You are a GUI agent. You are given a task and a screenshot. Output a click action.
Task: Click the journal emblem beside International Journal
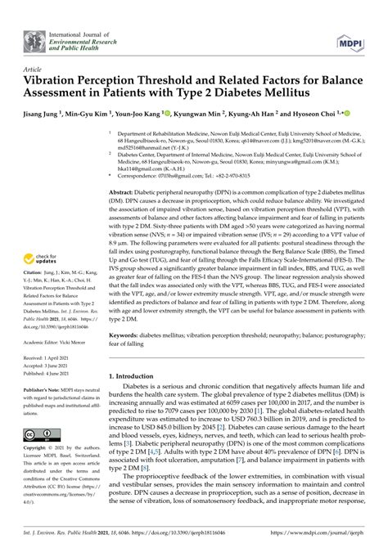pyautogui.click(x=35, y=38)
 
